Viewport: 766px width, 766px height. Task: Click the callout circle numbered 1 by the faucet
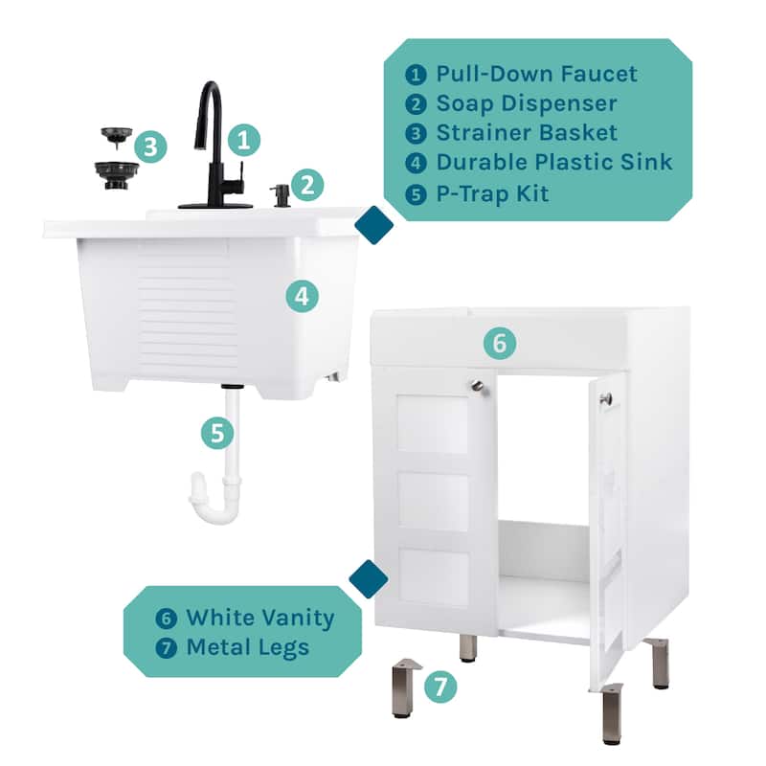(x=246, y=141)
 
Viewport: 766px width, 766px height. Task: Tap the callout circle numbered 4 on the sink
(x=302, y=296)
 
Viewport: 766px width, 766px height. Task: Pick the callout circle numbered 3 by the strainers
(x=151, y=147)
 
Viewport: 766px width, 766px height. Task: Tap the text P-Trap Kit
(x=492, y=191)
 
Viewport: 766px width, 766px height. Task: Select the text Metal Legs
(x=247, y=646)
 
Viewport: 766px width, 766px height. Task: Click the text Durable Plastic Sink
(x=554, y=162)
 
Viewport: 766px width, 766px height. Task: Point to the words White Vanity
(x=259, y=617)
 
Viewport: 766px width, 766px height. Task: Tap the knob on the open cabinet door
(x=605, y=397)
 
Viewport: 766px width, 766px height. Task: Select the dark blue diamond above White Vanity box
(x=369, y=578)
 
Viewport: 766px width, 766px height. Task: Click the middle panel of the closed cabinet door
(x=434, y=501)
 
